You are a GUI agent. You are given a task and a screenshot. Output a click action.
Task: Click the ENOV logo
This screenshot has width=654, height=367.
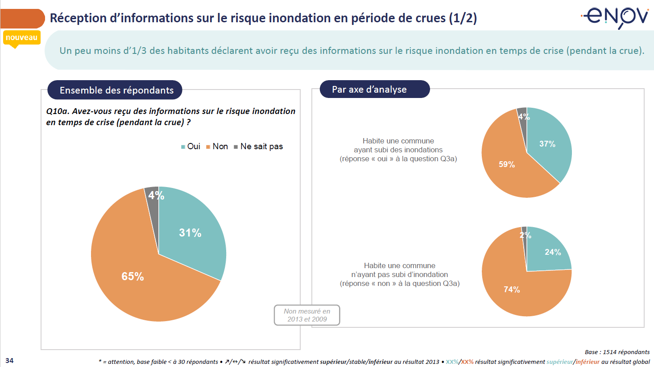(x=616, y=17)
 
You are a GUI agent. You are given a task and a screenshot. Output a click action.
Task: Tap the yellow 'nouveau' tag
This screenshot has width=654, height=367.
(x=21, y=38)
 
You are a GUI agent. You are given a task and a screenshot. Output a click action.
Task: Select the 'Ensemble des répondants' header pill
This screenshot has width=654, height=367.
(x=115, y=90)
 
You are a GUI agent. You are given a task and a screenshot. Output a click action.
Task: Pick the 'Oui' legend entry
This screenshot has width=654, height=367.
(x=190, y=147)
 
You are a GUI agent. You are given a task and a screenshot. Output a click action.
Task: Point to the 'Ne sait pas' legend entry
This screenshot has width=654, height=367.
(x=258, y=147)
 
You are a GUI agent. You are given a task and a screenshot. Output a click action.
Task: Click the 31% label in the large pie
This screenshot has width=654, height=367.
(x=190, y=233)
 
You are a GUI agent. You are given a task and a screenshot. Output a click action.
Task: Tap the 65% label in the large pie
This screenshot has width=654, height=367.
(x=132, y=277)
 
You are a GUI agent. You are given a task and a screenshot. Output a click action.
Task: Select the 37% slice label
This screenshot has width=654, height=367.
(x=547, y=144)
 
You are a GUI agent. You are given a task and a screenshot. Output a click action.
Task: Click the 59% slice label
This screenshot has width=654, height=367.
(x=507, y=164)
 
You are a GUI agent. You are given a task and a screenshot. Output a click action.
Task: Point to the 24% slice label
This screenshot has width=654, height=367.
(x=553, y=252)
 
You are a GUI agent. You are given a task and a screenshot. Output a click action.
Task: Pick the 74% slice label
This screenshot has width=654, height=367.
(x=512, y=290)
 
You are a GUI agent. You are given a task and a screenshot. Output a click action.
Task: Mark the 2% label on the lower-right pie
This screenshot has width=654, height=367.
(x=525, y=235)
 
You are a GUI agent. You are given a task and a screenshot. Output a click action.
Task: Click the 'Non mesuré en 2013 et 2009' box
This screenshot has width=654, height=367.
(x=307, y=315)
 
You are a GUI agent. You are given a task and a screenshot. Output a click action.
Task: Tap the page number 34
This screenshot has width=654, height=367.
(x=9, y=360)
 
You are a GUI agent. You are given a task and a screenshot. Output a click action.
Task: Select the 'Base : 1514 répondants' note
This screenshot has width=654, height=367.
(x=617, y=352)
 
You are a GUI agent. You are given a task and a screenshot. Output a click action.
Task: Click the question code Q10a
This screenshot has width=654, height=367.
(x=57, y=111)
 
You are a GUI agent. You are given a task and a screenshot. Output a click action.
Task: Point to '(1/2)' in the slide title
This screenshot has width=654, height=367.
(x=463, y=18)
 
